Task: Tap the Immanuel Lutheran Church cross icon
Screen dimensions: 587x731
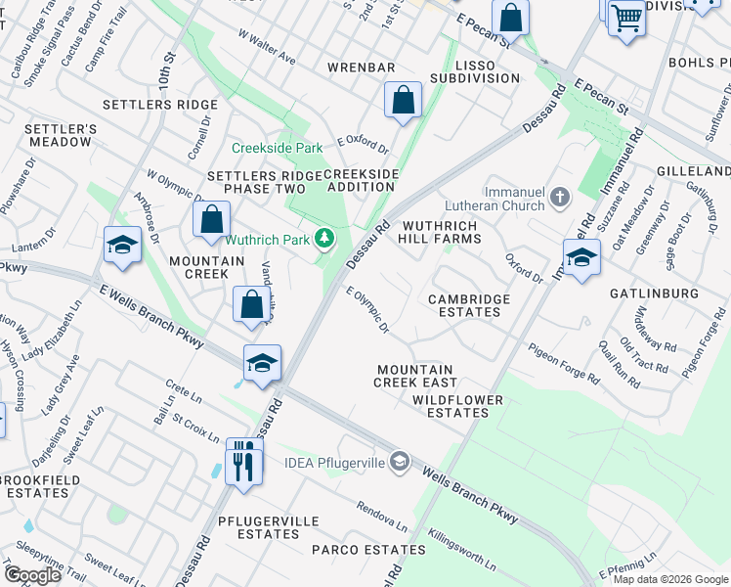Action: (559, 199)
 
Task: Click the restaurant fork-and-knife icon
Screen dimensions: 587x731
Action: (243, 460)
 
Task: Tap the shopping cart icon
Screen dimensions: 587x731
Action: (626, 17)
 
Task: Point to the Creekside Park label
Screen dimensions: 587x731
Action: (277, 149)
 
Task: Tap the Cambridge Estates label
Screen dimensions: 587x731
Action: (464, 305)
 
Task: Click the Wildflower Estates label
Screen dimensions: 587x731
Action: (457, 406)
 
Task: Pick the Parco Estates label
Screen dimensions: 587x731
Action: (355, 550)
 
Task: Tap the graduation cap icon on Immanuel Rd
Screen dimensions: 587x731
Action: (581, 257)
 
